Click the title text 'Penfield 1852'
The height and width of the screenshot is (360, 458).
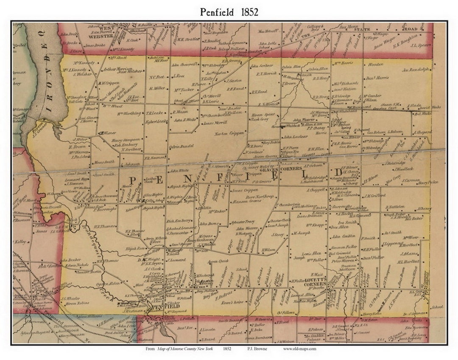[x=229, y=12]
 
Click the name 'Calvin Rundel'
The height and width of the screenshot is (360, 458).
[x=181, y=148]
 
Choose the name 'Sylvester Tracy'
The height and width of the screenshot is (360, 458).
[x=243, y=222]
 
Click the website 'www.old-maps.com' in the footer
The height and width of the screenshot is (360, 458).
[x=299, y=349]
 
